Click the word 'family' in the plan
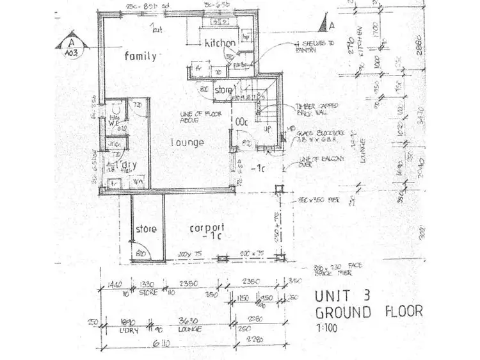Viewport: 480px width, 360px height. point(140,56)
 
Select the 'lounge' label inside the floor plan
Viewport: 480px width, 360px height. point(188,142)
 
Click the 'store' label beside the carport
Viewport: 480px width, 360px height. point(146,229)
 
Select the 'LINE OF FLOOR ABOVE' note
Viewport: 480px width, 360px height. point(195,117)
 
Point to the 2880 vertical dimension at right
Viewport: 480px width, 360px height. point(420,52)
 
